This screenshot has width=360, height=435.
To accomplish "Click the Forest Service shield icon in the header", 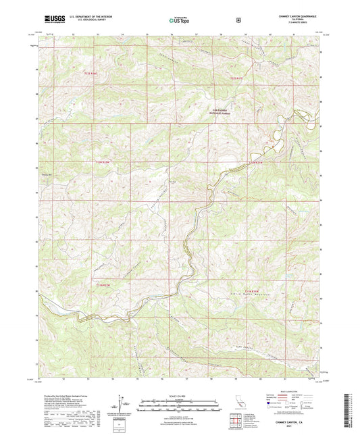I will point(237,20).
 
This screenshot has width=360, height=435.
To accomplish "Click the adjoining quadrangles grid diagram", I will point(236,423).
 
